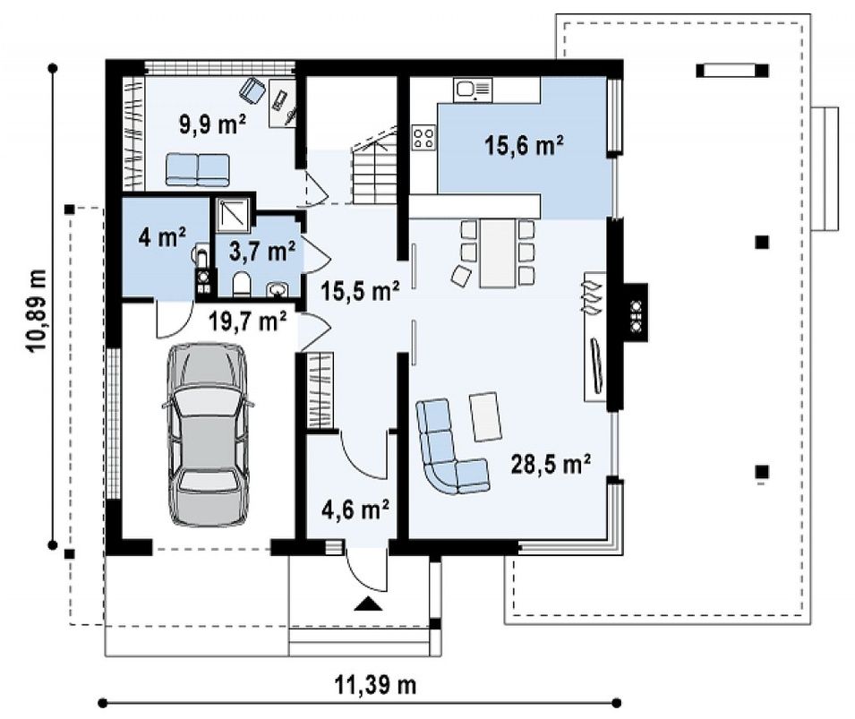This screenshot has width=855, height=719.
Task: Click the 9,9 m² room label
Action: (x=213, y=124)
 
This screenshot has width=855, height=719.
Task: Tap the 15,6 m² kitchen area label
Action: (x=524, y=145)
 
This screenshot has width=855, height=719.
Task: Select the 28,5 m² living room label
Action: (x=551, y=465)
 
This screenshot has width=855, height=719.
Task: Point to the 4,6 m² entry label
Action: (x=355, y=509)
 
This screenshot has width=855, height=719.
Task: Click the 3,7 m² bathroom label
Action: (x=262, y=252)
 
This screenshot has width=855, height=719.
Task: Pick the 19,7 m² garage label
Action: (x=248, y=321)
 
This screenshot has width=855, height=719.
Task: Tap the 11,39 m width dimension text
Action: (x=375, y=684)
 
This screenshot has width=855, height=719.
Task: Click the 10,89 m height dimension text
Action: (x=38, y=311)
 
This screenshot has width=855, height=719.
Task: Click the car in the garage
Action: (x=207, y=435)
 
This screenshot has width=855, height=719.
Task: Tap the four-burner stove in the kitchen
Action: (x=424, y=136)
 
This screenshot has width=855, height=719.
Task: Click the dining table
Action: (x=497, y=253)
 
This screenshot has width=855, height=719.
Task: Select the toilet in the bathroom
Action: (x=241, y=285)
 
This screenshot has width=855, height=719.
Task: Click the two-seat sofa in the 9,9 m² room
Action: (x=197, y=169)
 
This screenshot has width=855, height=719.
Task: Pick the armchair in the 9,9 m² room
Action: (x=252, y=90)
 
